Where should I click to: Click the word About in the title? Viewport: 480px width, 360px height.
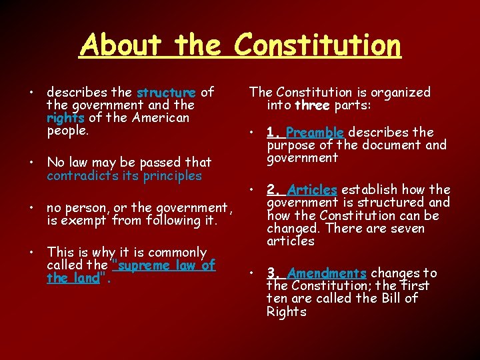(121, 45)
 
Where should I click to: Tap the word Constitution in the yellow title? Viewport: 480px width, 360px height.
(318, 45)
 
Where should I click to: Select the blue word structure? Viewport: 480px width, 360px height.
(166, 92)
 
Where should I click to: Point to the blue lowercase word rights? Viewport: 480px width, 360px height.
(65, 118)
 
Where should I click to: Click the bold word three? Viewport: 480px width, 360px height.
(311, 105)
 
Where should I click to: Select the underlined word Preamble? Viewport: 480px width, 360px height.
(315, 132)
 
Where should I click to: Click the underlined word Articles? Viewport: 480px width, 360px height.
(313, 189)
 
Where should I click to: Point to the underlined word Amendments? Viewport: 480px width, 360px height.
(327, 273)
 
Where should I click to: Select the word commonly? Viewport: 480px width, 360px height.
(178, 252)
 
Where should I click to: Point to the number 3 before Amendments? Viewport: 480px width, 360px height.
(271, 273)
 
